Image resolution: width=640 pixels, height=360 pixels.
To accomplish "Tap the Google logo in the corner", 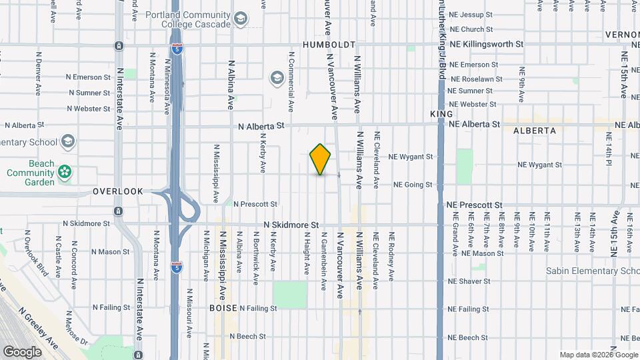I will coord(22,351).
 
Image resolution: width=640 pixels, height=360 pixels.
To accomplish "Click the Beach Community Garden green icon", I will coord(64,173).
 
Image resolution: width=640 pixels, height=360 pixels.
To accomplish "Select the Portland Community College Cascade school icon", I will coord(241,19).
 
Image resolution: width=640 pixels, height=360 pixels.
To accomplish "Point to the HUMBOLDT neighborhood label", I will coord(326,45).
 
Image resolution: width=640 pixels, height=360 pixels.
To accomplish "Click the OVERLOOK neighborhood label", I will coord(118,191).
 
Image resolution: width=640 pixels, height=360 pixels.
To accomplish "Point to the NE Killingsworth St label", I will coord(486,44).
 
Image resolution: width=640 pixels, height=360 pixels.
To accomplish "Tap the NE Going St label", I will coord(413,185).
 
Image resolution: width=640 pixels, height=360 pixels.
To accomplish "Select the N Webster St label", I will coord(88,109).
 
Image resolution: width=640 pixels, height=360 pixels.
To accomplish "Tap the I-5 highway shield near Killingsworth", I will coord(176,49).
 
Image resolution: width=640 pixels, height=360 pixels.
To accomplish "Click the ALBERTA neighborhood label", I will coord(535,131).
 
